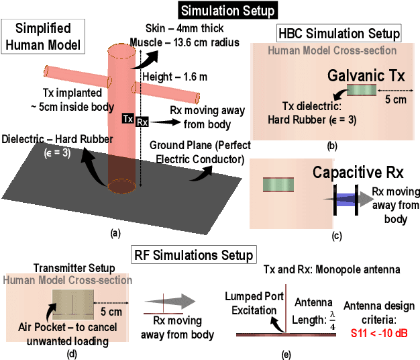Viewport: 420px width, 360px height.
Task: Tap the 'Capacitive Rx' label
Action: click(358, 173)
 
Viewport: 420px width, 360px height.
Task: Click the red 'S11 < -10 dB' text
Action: click(380, 332)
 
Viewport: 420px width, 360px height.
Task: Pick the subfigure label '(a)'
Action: click(115, 233)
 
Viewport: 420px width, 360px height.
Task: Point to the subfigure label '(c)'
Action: click(336, 235)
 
